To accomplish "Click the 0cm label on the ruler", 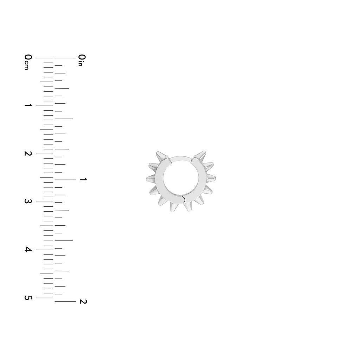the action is click(28, 62).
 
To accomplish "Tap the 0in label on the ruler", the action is click(82, 60).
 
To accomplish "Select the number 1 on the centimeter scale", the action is click(28, 105).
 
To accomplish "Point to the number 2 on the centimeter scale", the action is click(28, 153).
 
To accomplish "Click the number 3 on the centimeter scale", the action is click(28, 201).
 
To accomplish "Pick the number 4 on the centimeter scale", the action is click(28, 250).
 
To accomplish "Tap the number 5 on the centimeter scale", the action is click(28, 298).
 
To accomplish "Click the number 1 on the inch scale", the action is click(83, 179).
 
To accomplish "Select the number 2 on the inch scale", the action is click(83, 301).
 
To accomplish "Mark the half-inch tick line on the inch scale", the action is click(64, 119).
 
